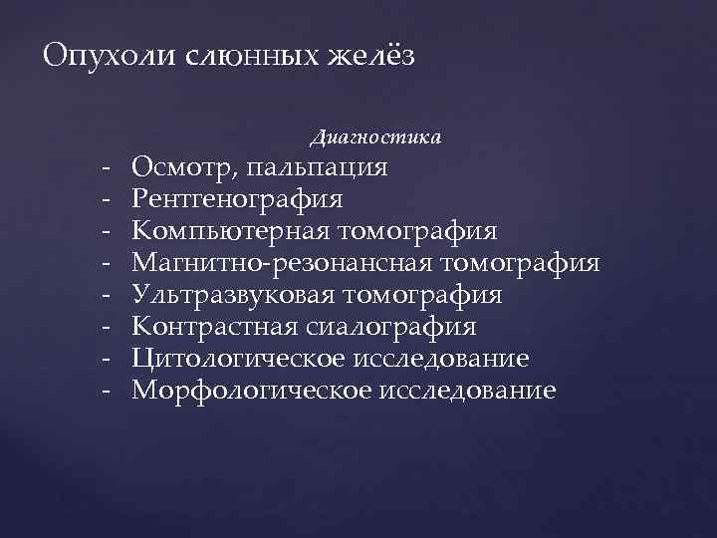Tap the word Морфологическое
click(x=250, y=391)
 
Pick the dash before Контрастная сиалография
click(x=105, y=327)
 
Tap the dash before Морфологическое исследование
click(x=105, y=391)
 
